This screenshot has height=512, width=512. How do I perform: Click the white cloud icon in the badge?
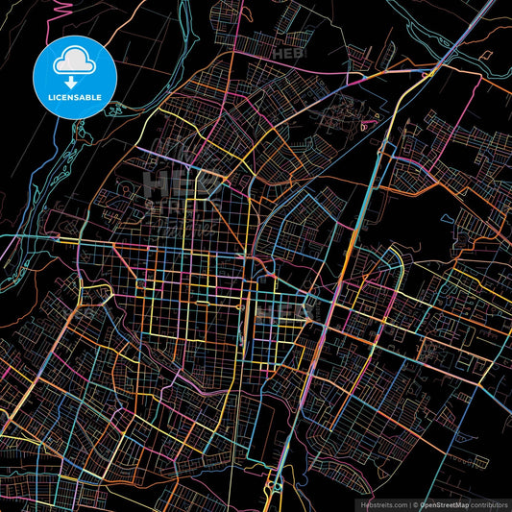pyautogui.click(x=73, y=61)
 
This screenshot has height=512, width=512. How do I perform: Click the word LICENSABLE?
pyautogui.click(x=73, y=97)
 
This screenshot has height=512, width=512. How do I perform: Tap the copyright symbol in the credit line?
pyautogui.click(x=416, y=503)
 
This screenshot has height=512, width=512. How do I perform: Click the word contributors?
pyautogui.click(x=488, y=503)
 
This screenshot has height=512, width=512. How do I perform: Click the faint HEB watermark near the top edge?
pyautogui.click(x=286, y=54)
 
